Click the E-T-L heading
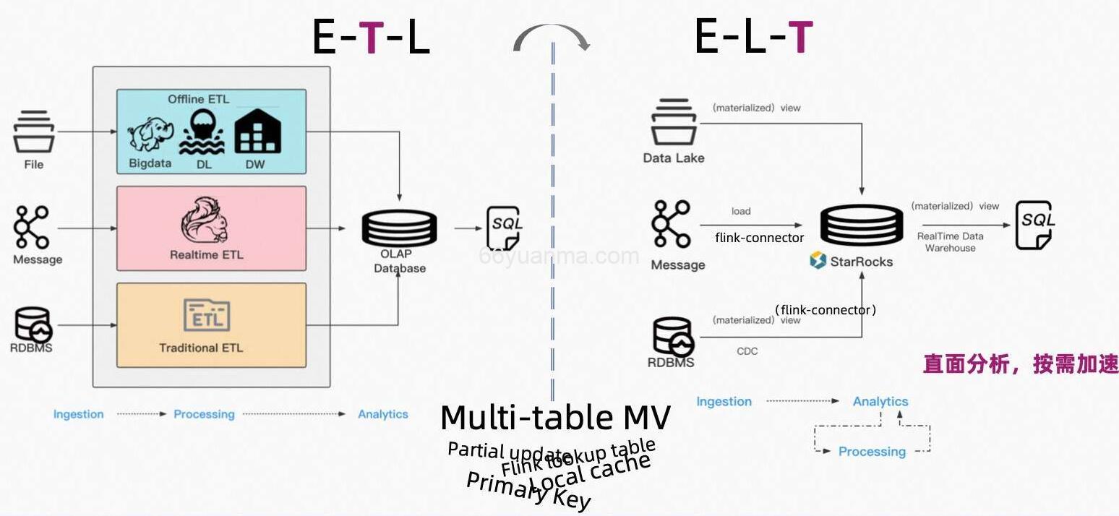[x=371, y=38]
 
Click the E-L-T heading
[x=753, y=38]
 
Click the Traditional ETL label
[x=201, y=348]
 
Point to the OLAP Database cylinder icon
[x=399, y=225]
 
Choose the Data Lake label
[x=674, y=158]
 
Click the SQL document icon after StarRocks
[x=1035, y=225]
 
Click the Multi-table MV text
[x=555, y=418]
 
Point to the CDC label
[x=747, y=351]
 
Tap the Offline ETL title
[x=199, y=99]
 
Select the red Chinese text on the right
[x=1020, y=364]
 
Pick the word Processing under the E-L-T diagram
[x=872, y=452]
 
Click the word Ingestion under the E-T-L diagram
[x=78, y=414]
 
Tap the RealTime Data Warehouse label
[x=951, y=242]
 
